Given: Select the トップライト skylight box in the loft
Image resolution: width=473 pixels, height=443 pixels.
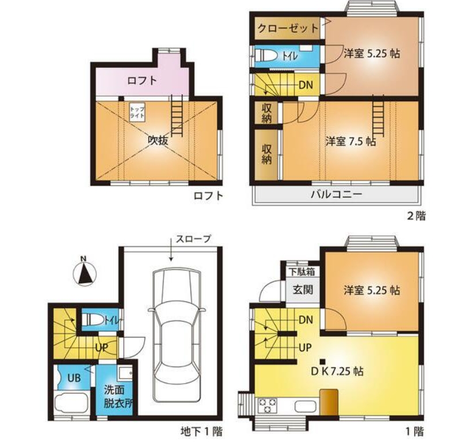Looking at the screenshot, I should point(137,112).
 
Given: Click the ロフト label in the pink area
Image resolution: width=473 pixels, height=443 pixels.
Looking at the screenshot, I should point(142,81).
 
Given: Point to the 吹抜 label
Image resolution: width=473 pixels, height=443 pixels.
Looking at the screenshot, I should point(158,141).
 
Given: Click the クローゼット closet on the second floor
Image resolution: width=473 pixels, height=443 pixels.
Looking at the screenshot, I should point(287,28).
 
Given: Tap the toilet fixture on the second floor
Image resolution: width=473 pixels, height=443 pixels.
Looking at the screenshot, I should point(266,56).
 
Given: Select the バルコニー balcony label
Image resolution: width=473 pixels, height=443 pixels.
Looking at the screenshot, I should point(337,194).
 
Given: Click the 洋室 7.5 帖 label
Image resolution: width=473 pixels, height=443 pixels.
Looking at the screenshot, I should point(350,141).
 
